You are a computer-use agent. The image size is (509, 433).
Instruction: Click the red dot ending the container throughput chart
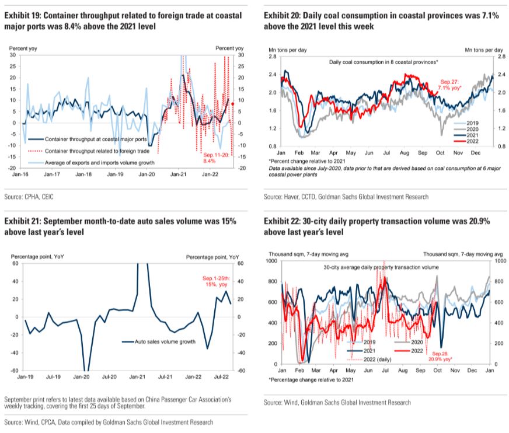(x=232, y=104)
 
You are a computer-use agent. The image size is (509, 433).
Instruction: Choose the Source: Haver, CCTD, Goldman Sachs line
(x=346, y=197)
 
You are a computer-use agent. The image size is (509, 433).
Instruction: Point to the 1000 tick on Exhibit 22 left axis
(x=271, y=261)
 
